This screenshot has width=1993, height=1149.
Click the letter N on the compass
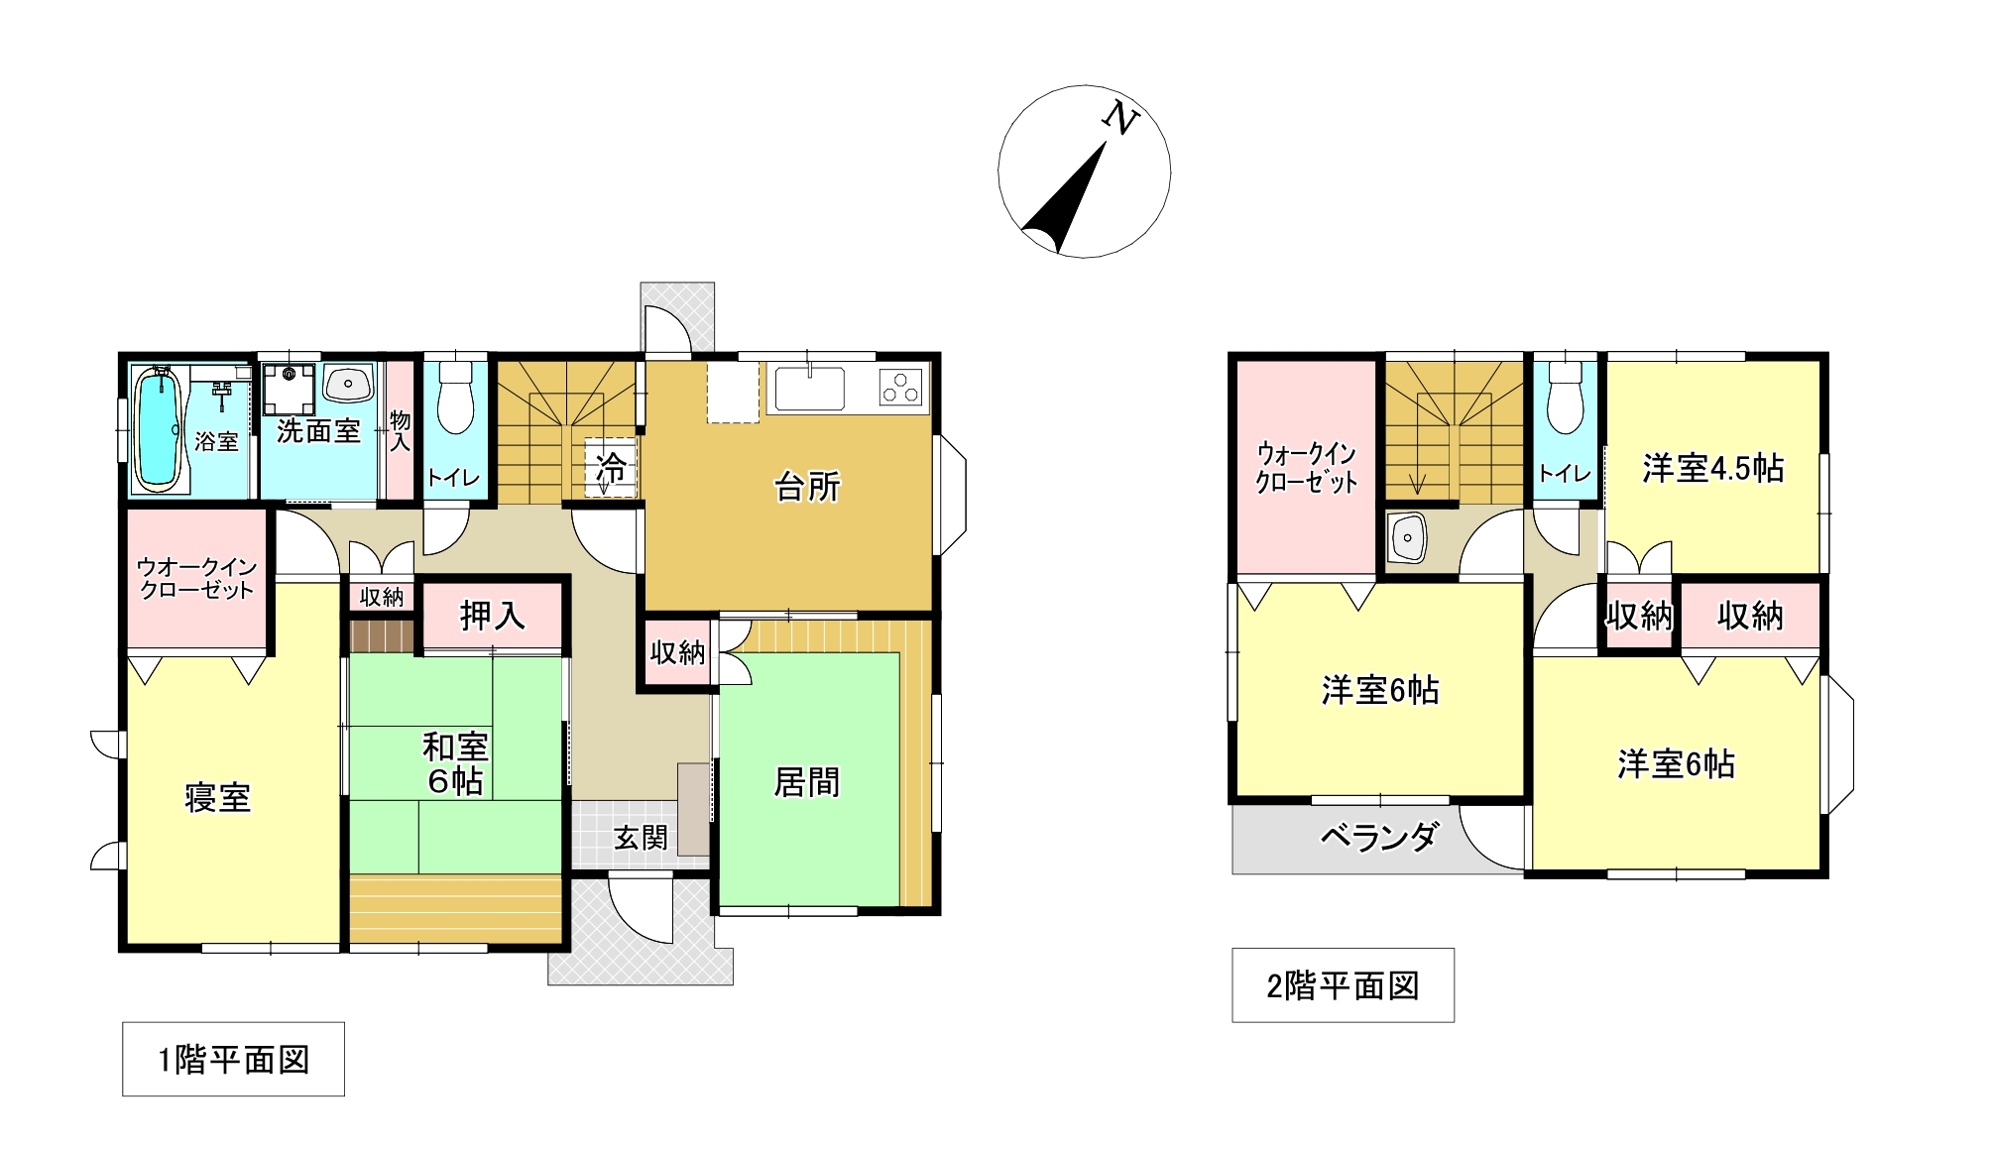click(x=1121, y=118)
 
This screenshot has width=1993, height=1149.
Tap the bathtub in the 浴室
click(x=156, y=428)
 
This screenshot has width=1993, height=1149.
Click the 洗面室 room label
click(x=317, y=430)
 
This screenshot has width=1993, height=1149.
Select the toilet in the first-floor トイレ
click(x=455, y=398)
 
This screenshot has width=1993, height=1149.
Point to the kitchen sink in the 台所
click(x=810, y=389)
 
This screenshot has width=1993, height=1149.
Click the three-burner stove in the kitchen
click(x=901, y=387)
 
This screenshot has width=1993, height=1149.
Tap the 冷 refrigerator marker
click(x=611, y=467)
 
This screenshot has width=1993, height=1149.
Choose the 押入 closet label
click(x=492, y=617)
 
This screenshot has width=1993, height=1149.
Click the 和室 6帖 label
click(x=455, y=763)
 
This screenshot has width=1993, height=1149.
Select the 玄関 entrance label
click(x=640, y=839)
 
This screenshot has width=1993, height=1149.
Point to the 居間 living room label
click(x=806, y=782)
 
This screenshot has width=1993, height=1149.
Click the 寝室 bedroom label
click(x=217, y=797)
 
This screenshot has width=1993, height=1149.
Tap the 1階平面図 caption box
click(x=233, y=1059)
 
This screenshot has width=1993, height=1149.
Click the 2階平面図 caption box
click(x=1343, y=985)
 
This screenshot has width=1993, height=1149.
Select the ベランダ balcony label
click(x=1378, y=838)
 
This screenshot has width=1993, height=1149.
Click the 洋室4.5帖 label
click(x=1713, y=468)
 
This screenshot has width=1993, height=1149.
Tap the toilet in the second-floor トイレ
click(x=1565, y=398)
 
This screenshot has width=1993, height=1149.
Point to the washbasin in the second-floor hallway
click(x=1408, y=538)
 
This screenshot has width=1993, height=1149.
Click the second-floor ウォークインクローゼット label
click(x=1306, y=469)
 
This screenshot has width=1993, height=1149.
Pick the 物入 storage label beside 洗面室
click(x=400, y=430)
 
